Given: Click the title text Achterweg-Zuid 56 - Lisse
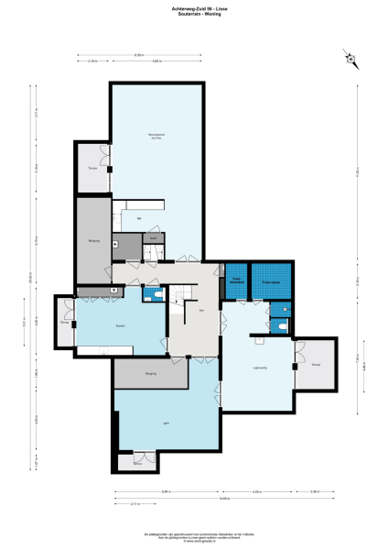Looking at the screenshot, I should (194, 8).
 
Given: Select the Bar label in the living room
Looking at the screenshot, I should (138, 219).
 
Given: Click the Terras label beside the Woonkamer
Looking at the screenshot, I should (92, 169).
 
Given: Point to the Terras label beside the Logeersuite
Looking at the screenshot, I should (316, 365).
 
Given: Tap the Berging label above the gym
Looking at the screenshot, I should (150, 373).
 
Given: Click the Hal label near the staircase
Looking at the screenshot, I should (200, 311).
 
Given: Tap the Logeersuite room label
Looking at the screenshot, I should (259, 367).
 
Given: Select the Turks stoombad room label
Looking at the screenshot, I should (237, 281).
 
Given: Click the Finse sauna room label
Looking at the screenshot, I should (271, 281).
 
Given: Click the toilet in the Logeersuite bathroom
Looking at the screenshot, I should (286, 327).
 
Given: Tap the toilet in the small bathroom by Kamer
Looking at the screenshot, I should (157, 296).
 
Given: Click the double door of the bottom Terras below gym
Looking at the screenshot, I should (139, 455).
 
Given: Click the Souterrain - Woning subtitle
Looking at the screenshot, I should (194, 14).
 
